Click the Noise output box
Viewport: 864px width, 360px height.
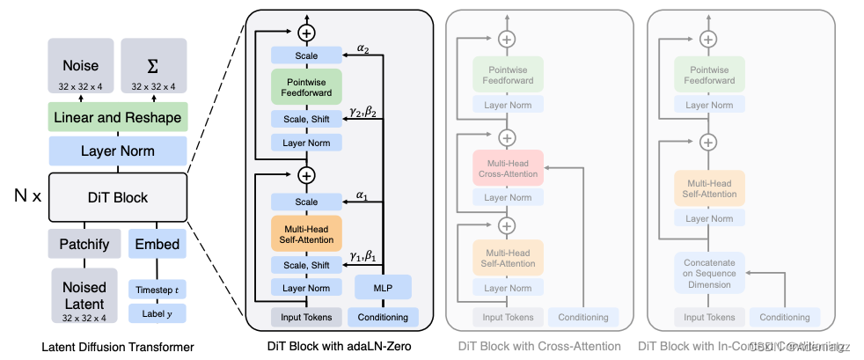click(x=80, y=70)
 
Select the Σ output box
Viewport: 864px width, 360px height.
click(x=153, y=70)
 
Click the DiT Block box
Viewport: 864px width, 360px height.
click(x=117, y=197)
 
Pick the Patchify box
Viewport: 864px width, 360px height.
click(x=83, y=244)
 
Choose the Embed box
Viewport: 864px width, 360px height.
click(x=157, y=244)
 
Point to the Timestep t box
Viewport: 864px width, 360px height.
click(x=157, y=290)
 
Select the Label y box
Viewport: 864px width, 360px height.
click(x=157, y=312)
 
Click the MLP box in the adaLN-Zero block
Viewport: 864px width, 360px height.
click(x=382, y=288)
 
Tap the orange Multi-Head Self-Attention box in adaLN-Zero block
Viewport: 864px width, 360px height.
click(x=306, y=234)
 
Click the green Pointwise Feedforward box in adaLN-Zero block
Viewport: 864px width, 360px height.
click(x=306, y=88)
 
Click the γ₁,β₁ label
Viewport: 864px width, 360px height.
click(x=362, y=256)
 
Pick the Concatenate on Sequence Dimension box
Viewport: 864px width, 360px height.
click(x=709, y=273)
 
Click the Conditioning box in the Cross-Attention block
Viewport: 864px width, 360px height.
click(x=583, y=317)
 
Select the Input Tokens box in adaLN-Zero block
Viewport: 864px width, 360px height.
click(x=306, y=317)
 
